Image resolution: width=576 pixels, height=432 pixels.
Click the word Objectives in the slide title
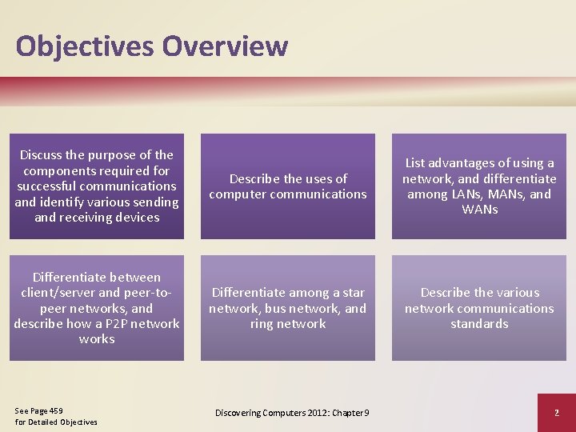point(84,46)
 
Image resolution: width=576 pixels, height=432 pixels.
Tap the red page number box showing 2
point(556,412)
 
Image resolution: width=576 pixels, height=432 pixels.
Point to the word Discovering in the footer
point(240,412)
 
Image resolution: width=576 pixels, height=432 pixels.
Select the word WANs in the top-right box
point(479,210)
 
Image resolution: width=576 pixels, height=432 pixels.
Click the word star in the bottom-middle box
point(353,293)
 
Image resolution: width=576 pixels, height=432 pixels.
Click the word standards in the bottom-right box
point(479,324)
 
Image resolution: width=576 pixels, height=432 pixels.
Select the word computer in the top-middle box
point(239,194)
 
